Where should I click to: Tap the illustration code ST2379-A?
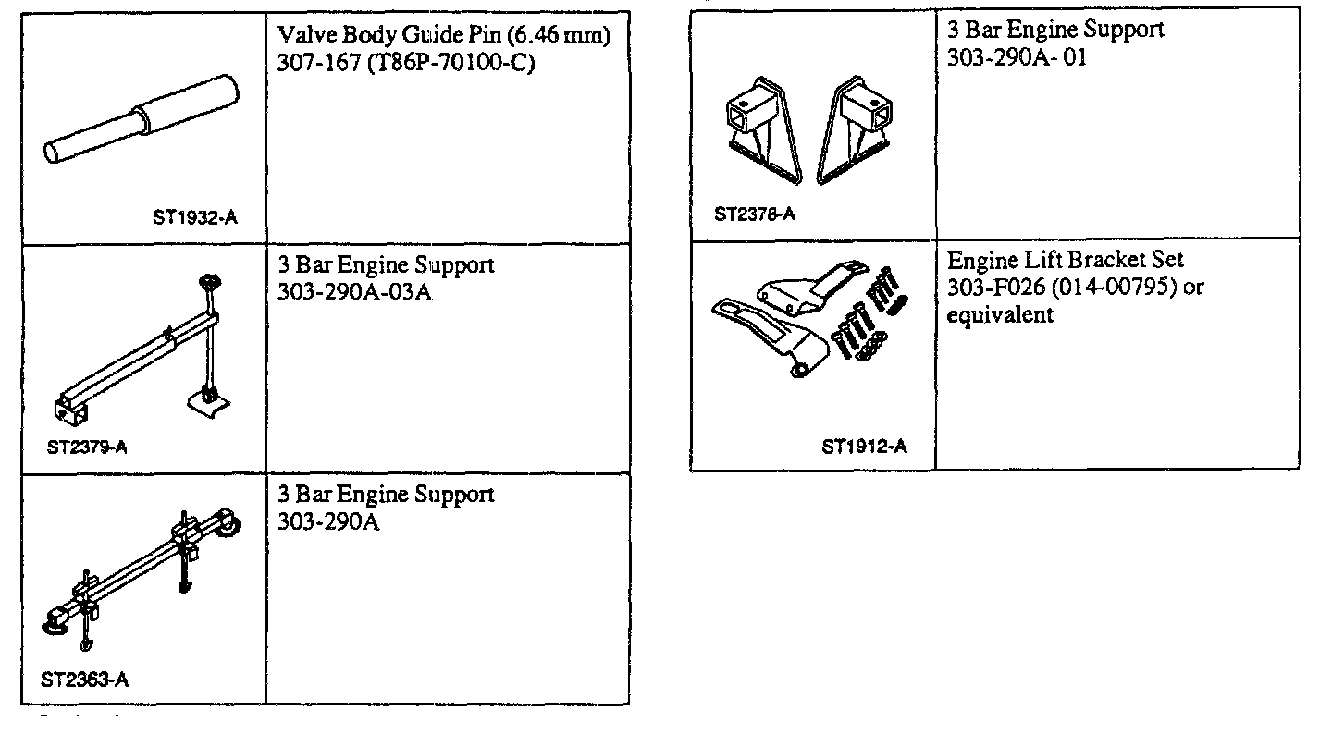[x=87, y=447]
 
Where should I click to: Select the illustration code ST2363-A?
[x=85, y=680]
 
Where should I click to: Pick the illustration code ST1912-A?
[x=864, y=447]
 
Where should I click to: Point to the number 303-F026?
[x=988, y=288]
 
